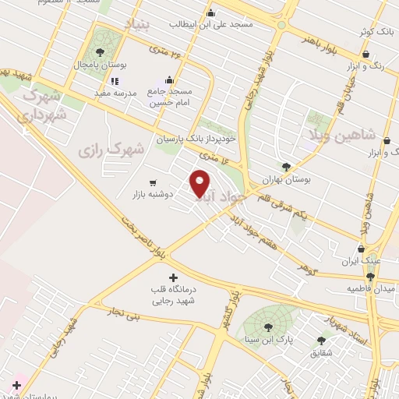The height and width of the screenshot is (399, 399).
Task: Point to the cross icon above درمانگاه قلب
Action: click(x=173, y=277)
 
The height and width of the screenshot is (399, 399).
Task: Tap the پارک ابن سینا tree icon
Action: click(x=268, y=327)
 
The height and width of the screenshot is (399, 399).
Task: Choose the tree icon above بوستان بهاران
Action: click(x=286, y=166)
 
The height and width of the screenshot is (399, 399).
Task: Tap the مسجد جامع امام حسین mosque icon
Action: click(x=171, y=80)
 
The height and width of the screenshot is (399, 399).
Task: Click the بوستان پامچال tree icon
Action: click(x=100, y=52)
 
